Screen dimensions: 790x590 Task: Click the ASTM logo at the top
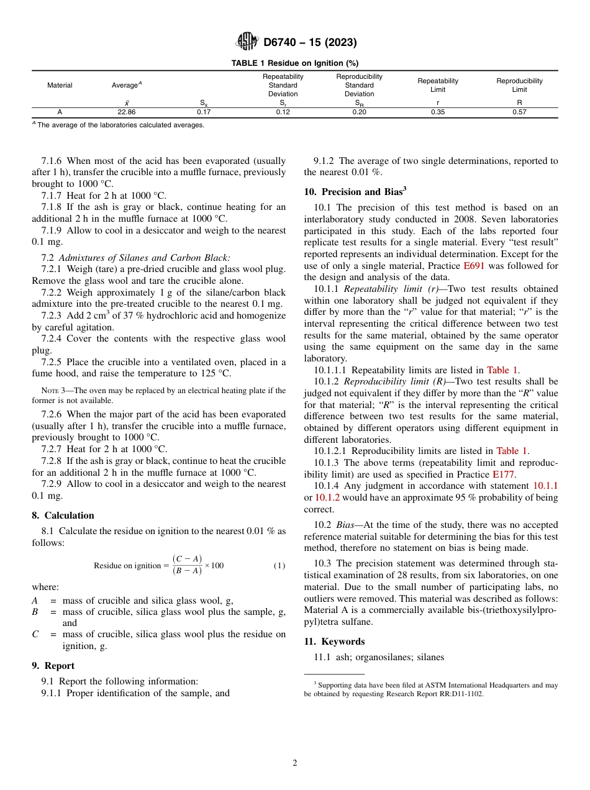pos(247,42)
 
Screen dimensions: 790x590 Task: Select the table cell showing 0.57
pos(519,112)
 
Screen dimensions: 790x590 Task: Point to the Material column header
pos(60,85)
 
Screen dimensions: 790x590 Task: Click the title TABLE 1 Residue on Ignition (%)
pos(294,63)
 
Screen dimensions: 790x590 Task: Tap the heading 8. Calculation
pos(63,515)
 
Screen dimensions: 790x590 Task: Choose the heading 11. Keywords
pos(334,642)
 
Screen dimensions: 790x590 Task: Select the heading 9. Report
pos(53,666)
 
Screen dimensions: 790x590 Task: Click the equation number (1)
pos(279,566)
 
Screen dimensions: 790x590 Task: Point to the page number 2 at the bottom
pos(295,763)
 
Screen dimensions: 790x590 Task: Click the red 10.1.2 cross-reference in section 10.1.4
pos(327,497)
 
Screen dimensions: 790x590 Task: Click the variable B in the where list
pos(35,612)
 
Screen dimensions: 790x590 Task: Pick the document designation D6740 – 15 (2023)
pos(310,42)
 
